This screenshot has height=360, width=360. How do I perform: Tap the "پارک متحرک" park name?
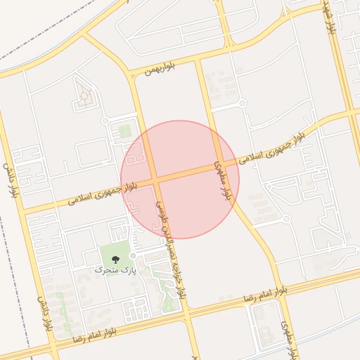pyautogui.click(x=112, y=269)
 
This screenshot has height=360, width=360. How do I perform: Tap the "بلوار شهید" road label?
pyautogui.click(x=329, y=19)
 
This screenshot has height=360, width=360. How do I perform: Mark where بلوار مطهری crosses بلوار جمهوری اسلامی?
pyautogui.click(x=219, y=166)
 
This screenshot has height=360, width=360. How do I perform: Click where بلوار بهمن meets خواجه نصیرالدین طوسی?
pyautogui.click(x=131, y=74)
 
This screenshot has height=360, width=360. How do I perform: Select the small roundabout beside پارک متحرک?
pyautogui.click(x=132, y=255)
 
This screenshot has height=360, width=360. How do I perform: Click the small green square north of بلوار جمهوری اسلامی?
pyautogui.click(x=125, y=131)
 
